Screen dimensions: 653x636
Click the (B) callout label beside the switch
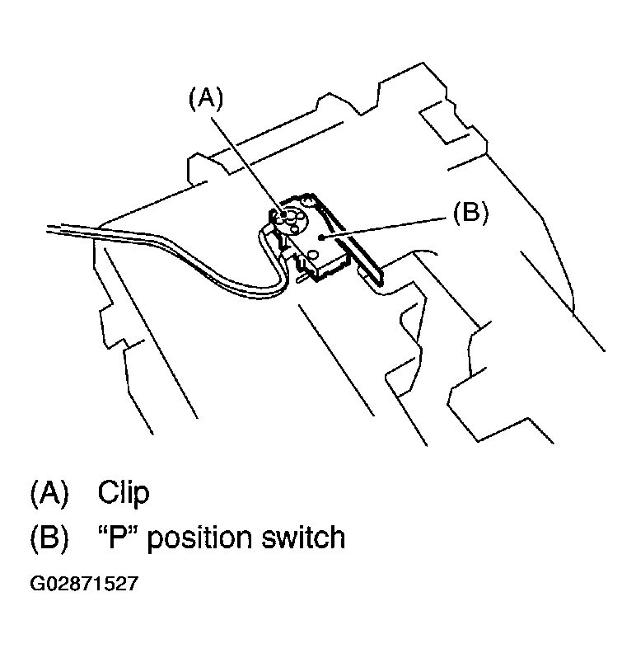[x=470, y=213]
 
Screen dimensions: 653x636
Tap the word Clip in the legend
[x=124, y=493]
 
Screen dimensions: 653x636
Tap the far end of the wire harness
[x=54, y=227]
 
